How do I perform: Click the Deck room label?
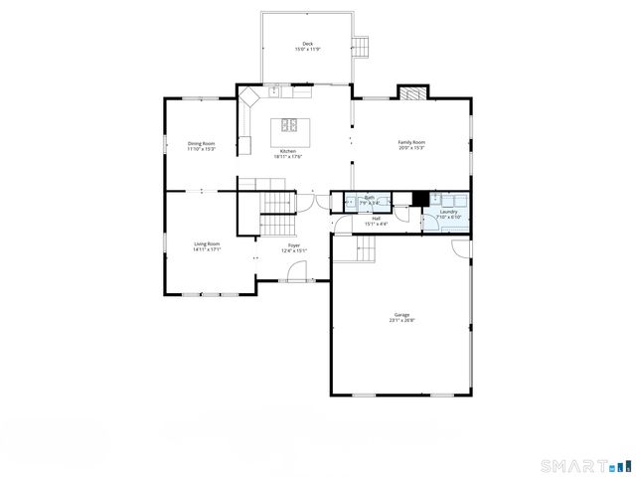(x=308, y=44)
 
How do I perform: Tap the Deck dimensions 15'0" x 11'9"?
(x=308, y=50)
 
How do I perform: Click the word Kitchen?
(x=288, y=151)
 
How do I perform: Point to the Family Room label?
(x=411, y=142)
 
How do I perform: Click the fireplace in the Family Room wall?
(x=412, y=93)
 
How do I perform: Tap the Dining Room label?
(x=202, y=143)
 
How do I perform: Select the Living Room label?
(x=207, y=243)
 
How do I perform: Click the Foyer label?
(x=294, y=245)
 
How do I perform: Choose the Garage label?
(x=401, y=315)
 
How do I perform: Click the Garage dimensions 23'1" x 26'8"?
(x=401, y=321)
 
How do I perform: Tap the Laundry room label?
(x=447, y=212)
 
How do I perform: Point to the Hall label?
(x=376, y=219)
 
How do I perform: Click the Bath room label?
(x=370, y=198)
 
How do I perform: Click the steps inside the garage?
(x=355, y=251)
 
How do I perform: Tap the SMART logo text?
(x=574, y=465)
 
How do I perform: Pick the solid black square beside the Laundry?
(x=420, y=198)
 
